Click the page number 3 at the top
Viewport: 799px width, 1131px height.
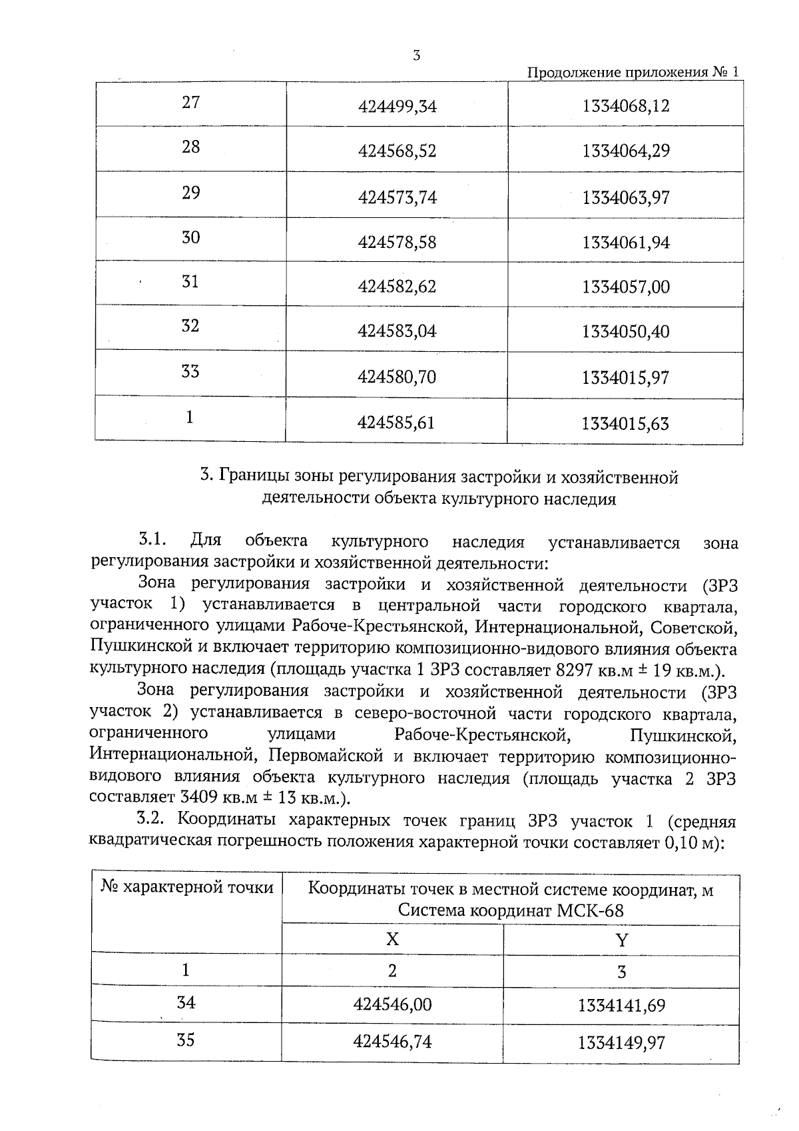click(416, 56)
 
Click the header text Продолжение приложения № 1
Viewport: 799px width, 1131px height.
click(633, 73)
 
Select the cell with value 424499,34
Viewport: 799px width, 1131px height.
click(397, 106)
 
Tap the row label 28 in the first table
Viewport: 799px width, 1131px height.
click(190, 147)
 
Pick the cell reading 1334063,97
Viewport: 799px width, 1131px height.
click(625, 198)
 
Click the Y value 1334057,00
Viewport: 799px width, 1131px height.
click(625, 287)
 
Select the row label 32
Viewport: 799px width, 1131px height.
click(190, 326)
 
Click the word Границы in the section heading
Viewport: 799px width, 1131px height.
click(247, 477)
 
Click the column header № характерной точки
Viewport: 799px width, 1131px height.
click(187, 888)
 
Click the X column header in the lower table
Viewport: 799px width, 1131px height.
click(392, 940)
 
